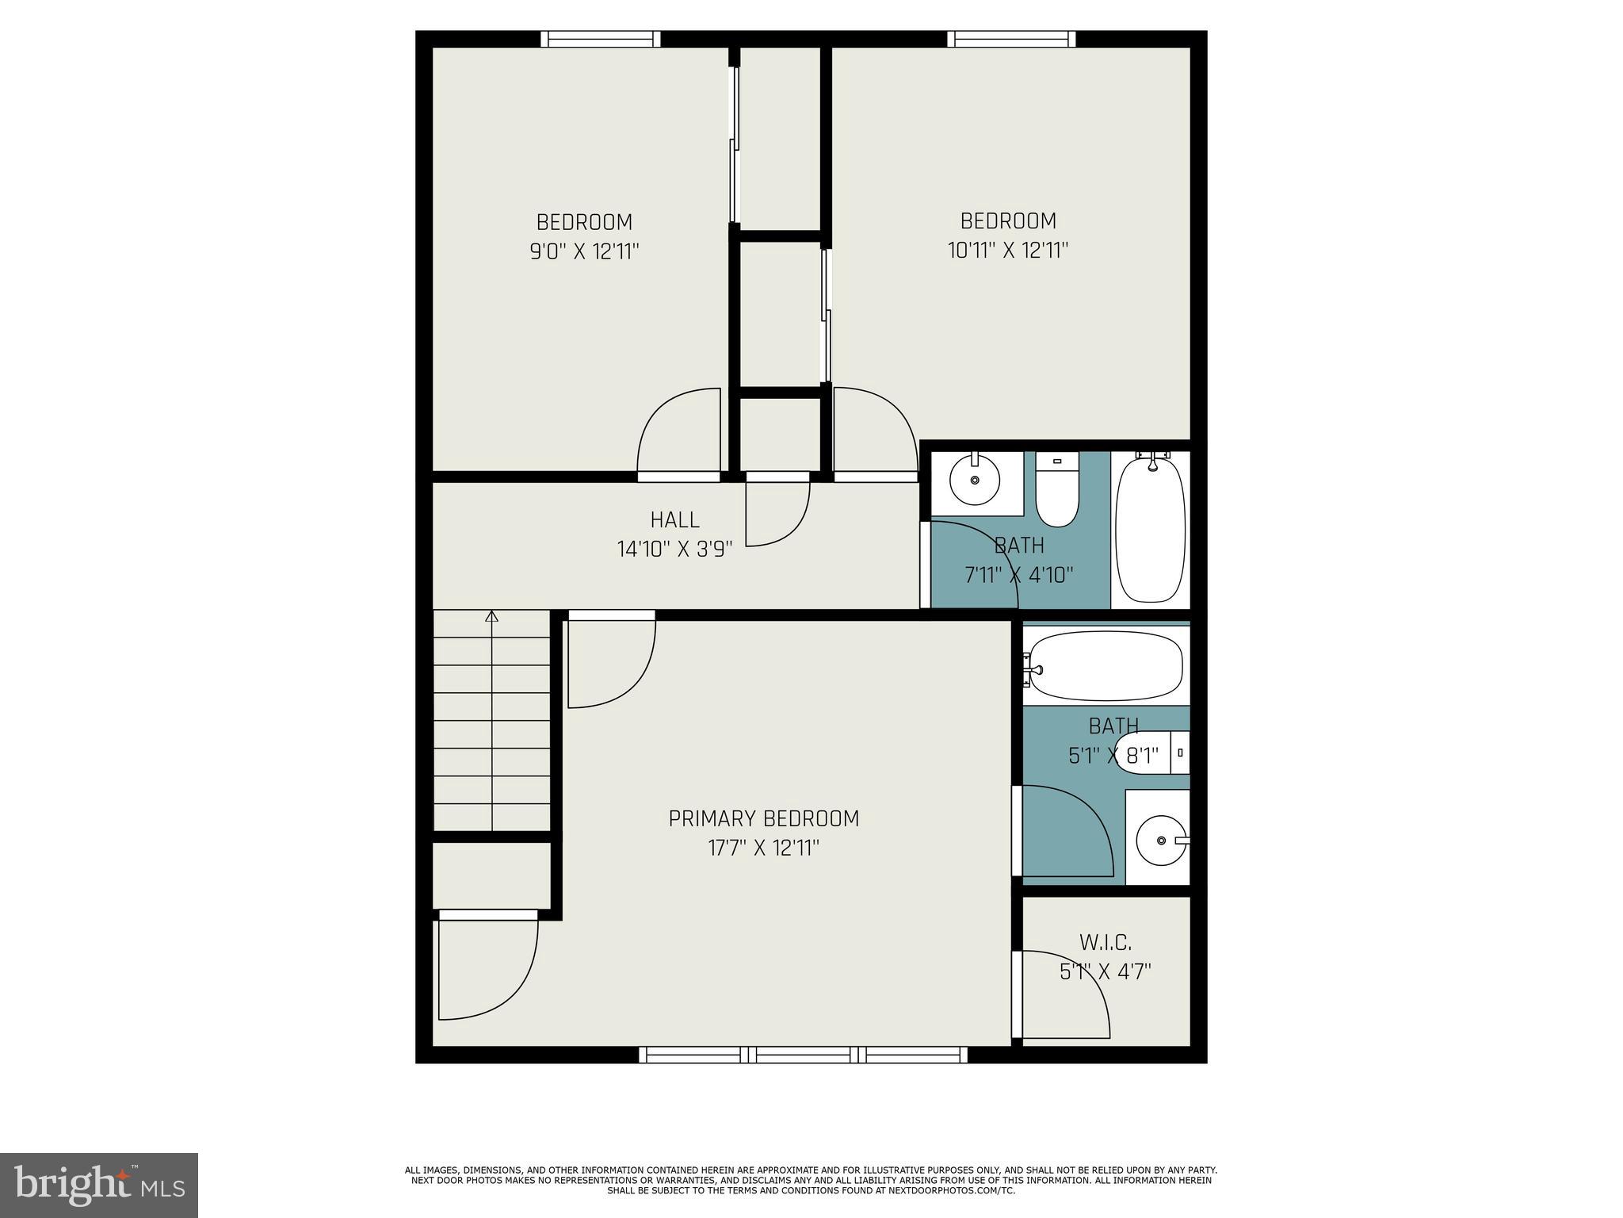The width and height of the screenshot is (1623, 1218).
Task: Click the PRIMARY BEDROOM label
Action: tap(763, 818)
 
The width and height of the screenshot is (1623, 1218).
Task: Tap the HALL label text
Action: tap(674, 520)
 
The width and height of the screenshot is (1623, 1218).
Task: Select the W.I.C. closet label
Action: tap(1105, 943)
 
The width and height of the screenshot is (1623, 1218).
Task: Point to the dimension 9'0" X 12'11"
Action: tap(584, 252)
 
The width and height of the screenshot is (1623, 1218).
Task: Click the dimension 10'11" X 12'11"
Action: tap(1008, 251)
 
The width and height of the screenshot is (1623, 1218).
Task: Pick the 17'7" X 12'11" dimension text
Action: tap(763, 848)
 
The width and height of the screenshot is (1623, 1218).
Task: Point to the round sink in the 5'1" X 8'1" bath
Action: tap(1160, 840)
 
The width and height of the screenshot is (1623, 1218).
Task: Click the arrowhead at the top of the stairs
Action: tap(492, 615)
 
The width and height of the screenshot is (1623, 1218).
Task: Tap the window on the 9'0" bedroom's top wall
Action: tap(601, 39)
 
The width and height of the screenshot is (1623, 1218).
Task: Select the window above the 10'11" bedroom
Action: tap(1011, 39)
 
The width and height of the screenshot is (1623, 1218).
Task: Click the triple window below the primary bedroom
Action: tap(803, 1054)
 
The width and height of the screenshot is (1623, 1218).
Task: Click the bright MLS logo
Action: tap(98, 1185)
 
